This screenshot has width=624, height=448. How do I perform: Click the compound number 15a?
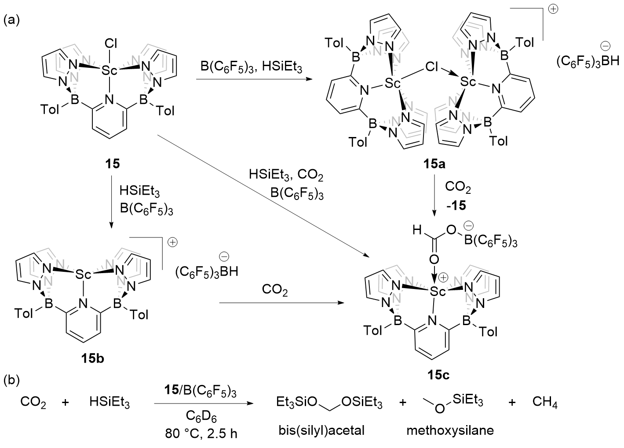tap(435, 165)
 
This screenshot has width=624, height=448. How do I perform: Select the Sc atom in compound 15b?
tap(83, 274)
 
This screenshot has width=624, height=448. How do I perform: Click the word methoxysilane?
tap(450, 430)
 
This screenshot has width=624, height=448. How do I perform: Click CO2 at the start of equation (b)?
tap(33, 403)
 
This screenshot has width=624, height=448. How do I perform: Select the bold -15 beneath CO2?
tap(457, 205)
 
